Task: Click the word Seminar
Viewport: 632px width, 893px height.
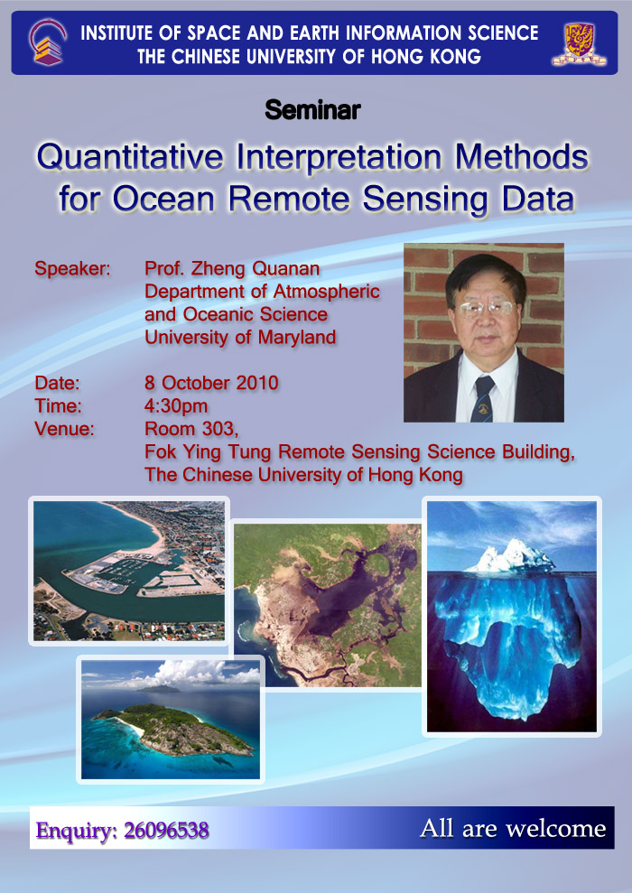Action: (x=312, y=110)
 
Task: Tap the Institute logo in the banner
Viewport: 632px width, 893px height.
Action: (x=47, y=42)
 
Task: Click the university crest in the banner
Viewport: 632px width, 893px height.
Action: (x=579, y=44)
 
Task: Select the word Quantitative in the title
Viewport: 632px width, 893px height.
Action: (x=130, y=157)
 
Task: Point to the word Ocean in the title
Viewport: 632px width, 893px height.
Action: (x=163, y=199)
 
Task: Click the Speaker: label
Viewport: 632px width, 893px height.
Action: (x=72, y=268)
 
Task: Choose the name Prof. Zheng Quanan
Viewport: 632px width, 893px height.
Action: (x=232, y=268)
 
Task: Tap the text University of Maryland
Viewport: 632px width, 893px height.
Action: (x=239, y=337)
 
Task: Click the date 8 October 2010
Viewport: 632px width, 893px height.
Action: (x=211, y=383)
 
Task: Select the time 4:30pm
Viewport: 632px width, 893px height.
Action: (x=176, y=406)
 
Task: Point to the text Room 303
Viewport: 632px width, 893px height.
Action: (x=191, y=428)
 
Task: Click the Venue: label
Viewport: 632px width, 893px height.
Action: (x=64, y=428)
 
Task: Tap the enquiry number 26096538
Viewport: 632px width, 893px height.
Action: (x=166, y=831)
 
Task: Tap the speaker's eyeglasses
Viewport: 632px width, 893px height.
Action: (x=486, y=309)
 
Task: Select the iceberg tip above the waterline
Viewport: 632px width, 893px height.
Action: (x=511, y=555)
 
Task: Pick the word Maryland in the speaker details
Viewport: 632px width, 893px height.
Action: (x=297, y=338)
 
